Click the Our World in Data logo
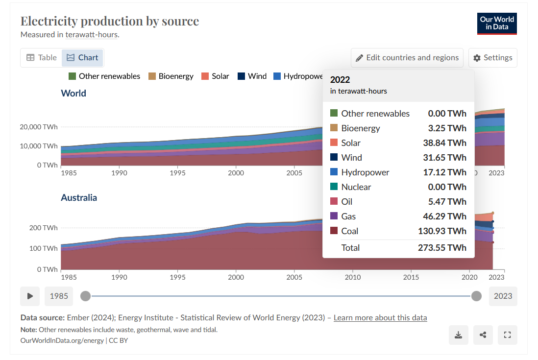[x=497, y=24]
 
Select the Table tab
[x=42, y=57]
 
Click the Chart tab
[x=82, y=57]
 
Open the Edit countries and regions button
[x=407, y=57]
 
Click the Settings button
[x=492, y=57]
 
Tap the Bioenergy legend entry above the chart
[x=171, y=76]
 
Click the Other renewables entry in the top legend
[x=104, y=76]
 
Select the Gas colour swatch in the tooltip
[x=334, y=216]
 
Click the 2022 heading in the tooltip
[x=340, y=80]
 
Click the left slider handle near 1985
[x=85, y=296]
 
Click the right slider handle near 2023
[x=476, y=296]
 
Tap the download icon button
[x=459, y=335]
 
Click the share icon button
[x=483, y=335]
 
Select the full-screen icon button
[x=508, y=335]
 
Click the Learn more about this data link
[x=380, y=317]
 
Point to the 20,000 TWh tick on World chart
[x=39, y=127]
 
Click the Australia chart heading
[x=79, y=197]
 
